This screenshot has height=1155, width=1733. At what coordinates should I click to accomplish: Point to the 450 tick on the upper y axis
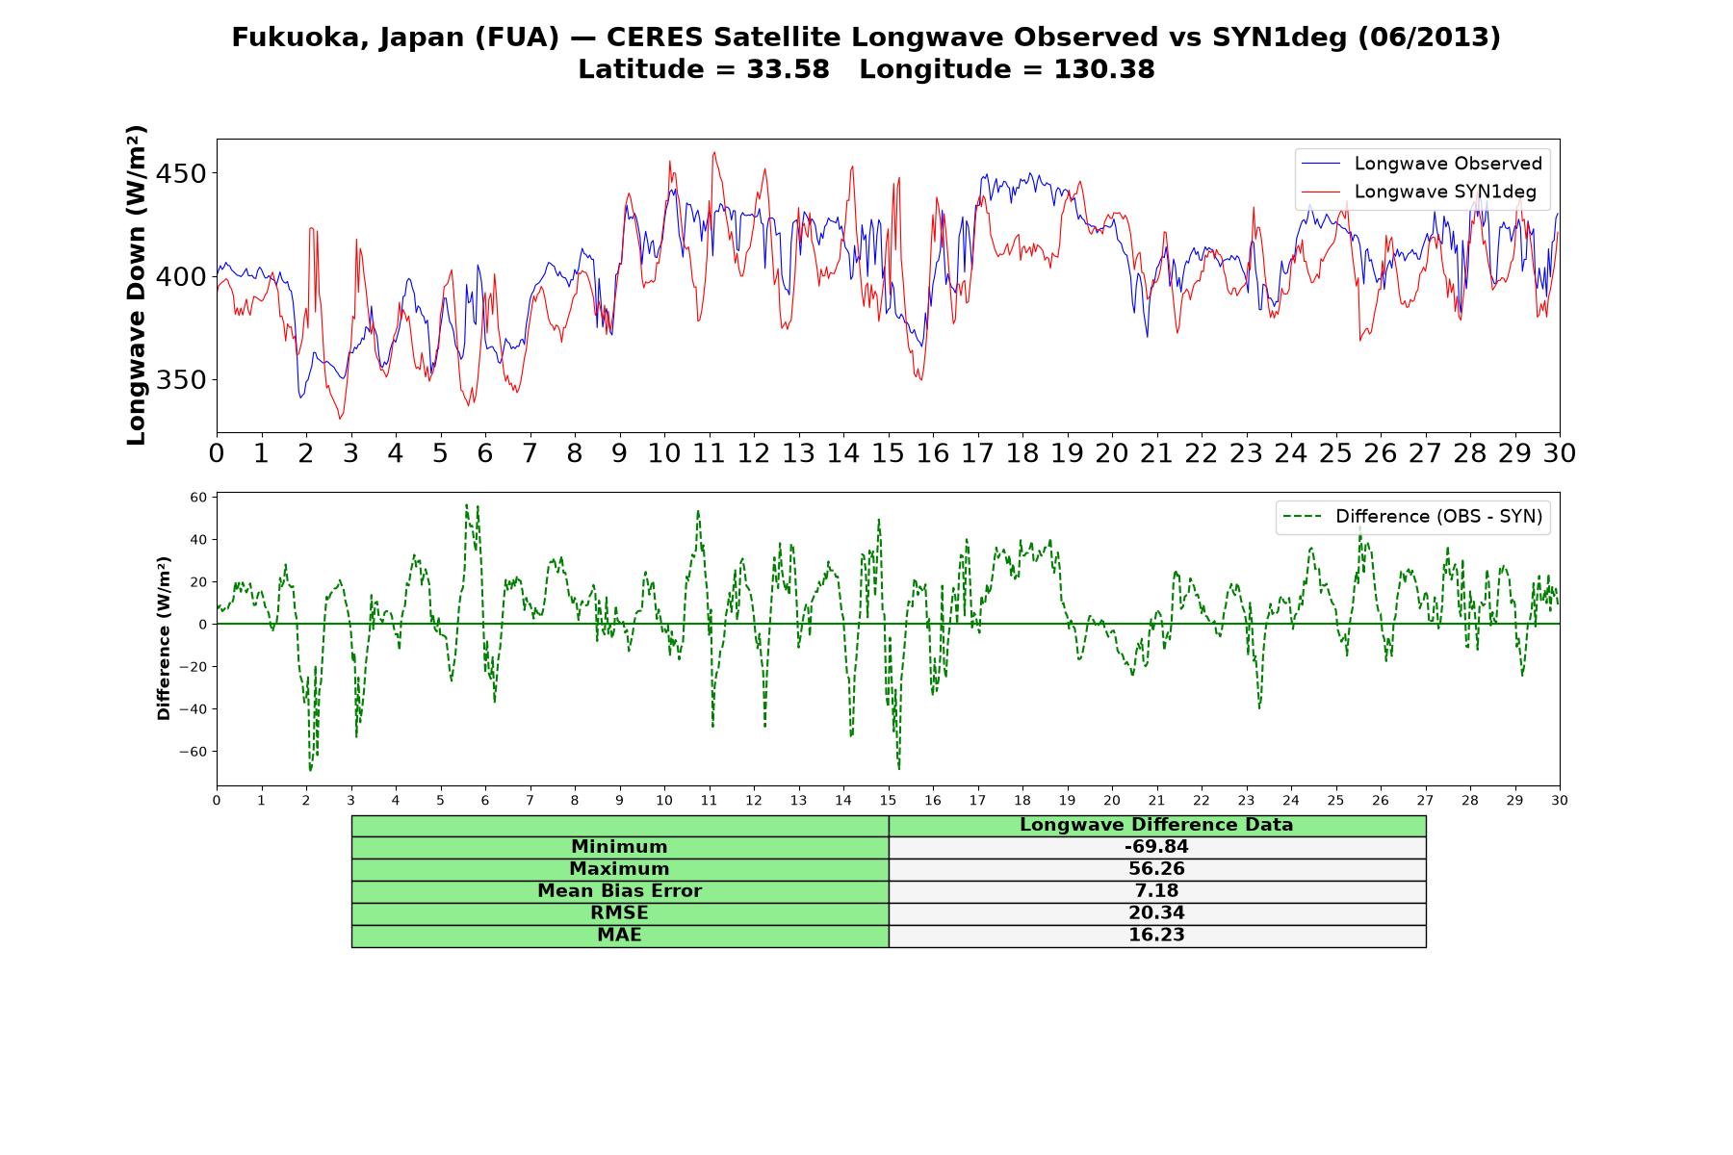tap(181, 173)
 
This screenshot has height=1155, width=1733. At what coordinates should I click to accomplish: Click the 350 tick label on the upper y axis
tap(181, 379)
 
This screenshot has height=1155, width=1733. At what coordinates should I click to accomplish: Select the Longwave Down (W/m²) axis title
tap(136, 285)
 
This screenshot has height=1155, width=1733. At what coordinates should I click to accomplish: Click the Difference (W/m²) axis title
tap(164, 638)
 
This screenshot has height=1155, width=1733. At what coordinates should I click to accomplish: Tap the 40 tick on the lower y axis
tap(198, 539)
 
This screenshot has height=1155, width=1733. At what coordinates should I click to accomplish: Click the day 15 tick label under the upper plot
tap(888, 453)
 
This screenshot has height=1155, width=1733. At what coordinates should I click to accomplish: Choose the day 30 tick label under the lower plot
tap(1560, 800)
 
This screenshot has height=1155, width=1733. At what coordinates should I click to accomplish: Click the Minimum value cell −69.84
tap(1156, 847)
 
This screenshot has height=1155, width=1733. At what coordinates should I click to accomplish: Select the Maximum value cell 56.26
tap(1156, 869)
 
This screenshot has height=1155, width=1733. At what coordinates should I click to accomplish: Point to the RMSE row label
tap(619, 912)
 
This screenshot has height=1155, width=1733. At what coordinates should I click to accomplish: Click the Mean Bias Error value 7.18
tap(1156, 891)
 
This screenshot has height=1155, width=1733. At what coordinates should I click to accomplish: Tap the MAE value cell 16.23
tap(1156, 936)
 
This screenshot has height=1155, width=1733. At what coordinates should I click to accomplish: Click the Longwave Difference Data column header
tap(1156, 825)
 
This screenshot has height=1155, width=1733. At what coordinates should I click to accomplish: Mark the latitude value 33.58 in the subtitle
tap(788, 69)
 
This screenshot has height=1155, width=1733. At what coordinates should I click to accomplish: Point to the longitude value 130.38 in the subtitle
tap(1104, 69)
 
